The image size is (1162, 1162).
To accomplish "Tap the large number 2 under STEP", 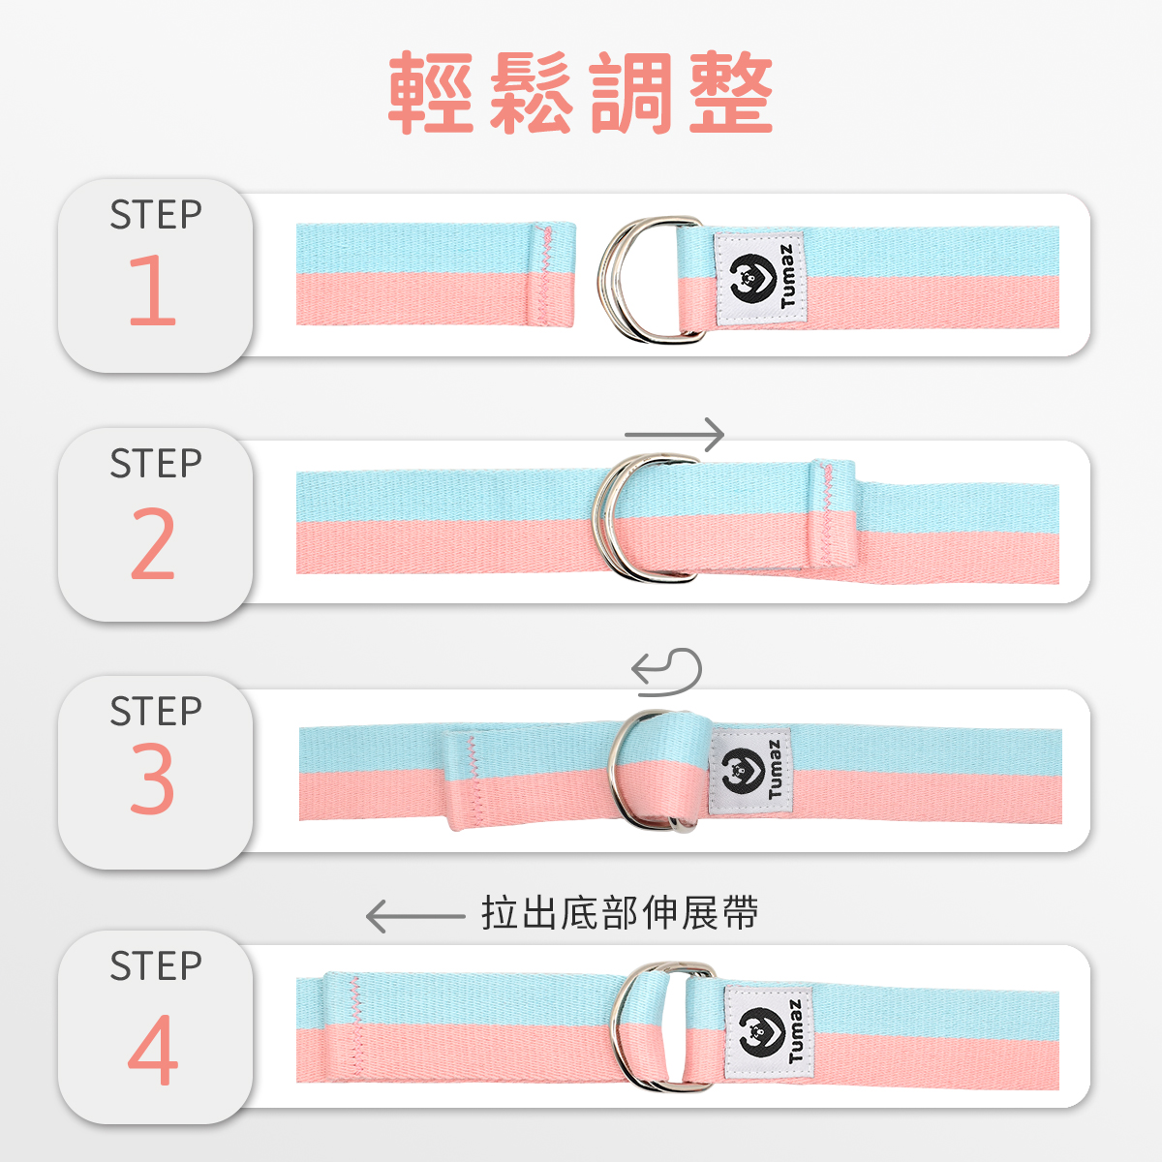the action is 153,543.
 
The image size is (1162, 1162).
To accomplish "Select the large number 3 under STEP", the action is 153,778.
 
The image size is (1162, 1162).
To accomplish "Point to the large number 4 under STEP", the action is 153,1050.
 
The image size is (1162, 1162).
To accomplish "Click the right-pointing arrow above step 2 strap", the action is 674,434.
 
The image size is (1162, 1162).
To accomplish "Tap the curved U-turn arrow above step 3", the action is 667,672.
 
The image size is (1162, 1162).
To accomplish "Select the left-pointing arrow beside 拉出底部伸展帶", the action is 415,916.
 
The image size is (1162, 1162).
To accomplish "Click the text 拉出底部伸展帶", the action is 620,913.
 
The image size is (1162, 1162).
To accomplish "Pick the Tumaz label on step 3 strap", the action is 750,772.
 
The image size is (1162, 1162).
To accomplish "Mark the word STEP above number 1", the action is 156,214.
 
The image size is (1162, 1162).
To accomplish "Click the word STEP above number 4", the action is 156,965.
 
